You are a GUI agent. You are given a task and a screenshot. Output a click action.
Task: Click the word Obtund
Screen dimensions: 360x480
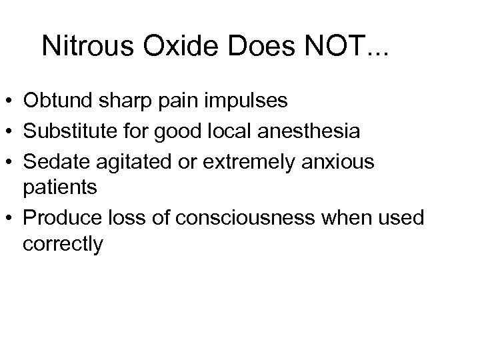coord(53,101)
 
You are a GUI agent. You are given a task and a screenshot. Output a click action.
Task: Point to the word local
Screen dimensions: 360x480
coord(233,131)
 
